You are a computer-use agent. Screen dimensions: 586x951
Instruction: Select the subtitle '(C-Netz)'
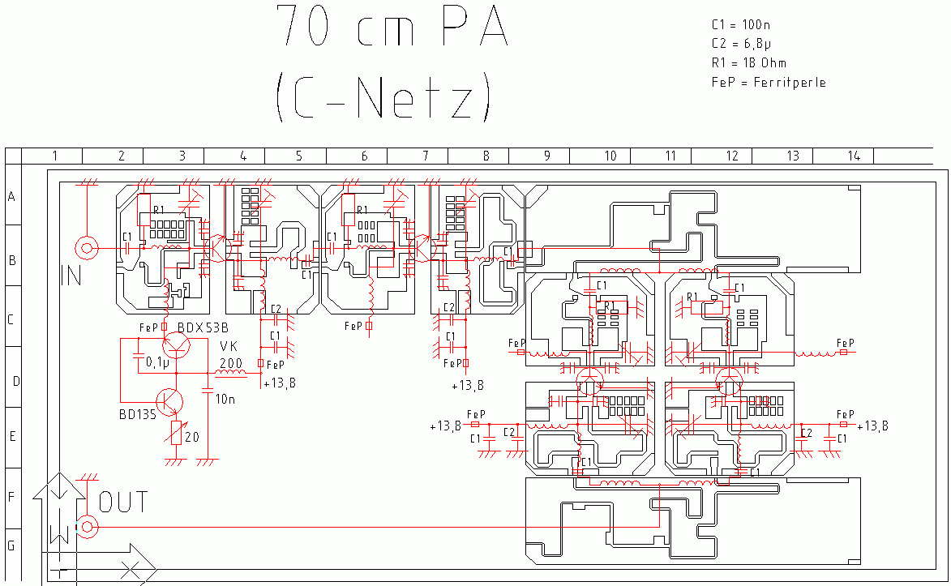pyautogui.click(x=383, y=97)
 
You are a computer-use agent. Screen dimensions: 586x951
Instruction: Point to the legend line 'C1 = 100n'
pyautogui.click(x=741, y=25)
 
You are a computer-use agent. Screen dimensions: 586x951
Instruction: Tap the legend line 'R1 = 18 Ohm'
pyautogui.click(x=748, y=63)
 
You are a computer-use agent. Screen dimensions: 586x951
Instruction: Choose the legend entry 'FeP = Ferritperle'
pyautogui.click(x=769, y=82)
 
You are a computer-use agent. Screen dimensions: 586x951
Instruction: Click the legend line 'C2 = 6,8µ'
pyautogui.click(x=741, y=44)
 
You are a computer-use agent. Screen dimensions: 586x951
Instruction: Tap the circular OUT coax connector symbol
pyautogui.click(x=86, y=528)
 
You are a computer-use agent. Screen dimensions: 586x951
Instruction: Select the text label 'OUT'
pyautogui.click(x=123, y=503)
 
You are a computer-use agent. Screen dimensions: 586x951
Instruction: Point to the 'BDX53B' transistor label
pyautogui.click(x=203, y=327)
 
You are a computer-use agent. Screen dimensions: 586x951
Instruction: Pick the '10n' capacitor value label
pyautogui.click(x=225, y=398)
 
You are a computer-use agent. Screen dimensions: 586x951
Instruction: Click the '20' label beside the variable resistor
pyautogui.click(x=192, y=437)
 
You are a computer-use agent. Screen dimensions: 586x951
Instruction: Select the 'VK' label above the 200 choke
pyautogui.click(x=229, y=346)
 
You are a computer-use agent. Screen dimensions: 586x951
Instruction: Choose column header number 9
pyautogui.click(x=546, y=156)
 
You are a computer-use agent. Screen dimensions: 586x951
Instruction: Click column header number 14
pyautogui.click(x=854, y=156)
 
